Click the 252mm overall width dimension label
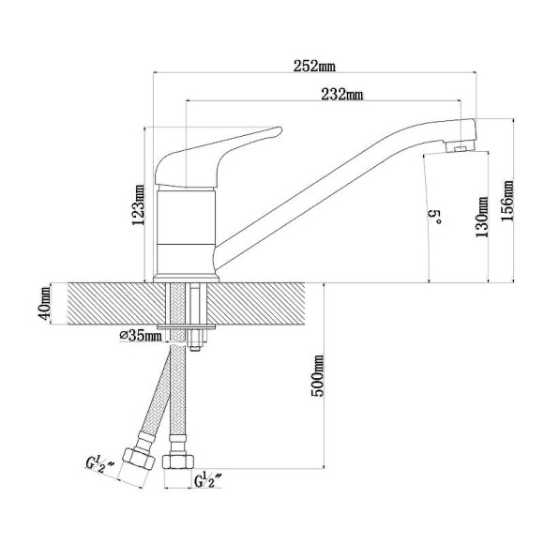point(314,66)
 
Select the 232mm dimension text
point(342,94)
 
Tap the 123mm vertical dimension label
point(138,204)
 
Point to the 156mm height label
point(506,200)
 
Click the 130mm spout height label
point(482,217)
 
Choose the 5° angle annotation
point(438,217)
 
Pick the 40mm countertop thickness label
point(44,304)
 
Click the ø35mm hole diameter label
point(141,336)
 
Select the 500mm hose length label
point(317,375)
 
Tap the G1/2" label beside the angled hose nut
point(99,465)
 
